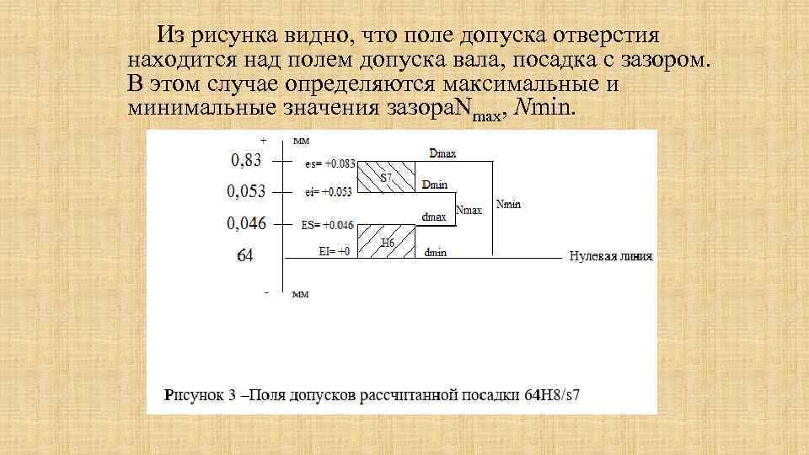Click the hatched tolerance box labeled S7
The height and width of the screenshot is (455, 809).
(387, 177)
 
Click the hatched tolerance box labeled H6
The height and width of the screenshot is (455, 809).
(387, 240)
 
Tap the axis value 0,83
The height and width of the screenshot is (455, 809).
(245, 160)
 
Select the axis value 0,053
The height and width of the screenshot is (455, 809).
(246, 191)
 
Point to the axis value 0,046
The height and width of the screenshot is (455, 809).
(246, 223)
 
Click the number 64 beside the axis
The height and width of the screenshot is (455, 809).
(244, 254)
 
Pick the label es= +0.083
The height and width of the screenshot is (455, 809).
(329, 164)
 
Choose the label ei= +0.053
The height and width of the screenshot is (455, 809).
(329, 192)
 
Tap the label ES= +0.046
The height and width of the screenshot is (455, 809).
(328, 225)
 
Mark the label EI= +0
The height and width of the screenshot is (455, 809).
(335, 250)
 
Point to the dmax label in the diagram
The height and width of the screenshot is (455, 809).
(434, 217)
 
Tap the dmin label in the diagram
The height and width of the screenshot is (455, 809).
(435, 252)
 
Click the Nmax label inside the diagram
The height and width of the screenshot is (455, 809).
(469, 210)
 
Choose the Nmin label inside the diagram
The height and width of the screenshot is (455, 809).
(510, 204)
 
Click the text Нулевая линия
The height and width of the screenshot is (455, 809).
(611, 256)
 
